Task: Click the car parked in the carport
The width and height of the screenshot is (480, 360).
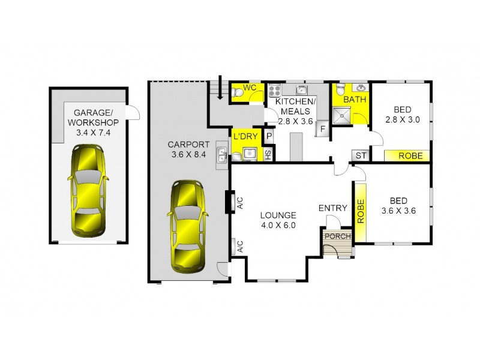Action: click(187, 226)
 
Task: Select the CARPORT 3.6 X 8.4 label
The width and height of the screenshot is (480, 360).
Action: click(188, 149)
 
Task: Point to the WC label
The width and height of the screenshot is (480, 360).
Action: click(251, 88)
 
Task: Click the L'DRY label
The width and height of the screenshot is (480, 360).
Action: click(245, 136)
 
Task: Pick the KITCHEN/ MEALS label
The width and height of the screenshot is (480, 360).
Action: click(294, 111)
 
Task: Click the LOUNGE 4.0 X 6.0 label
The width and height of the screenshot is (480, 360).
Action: click(278, 220)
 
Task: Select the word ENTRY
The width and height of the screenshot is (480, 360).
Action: click(332, 208)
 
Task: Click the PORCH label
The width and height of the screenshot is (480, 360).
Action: click(336, 236)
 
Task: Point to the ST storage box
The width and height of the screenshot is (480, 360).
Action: click(361, 156)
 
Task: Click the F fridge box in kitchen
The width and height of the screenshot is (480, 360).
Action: click(322, 128)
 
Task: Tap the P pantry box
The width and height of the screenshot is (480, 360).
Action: click(269, 136)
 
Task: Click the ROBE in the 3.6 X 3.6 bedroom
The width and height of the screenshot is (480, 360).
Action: click(361, 211)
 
